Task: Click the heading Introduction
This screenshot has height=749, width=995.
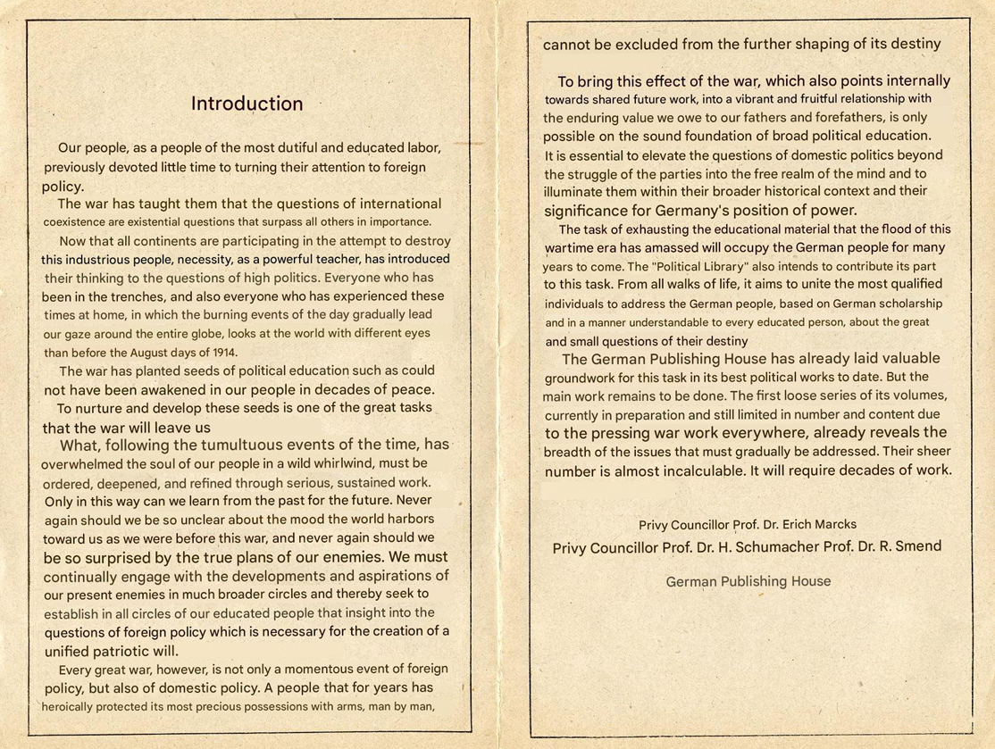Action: [247, 104]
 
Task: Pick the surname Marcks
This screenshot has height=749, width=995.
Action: [833, 524]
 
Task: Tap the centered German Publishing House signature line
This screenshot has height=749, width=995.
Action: [748, 581]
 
